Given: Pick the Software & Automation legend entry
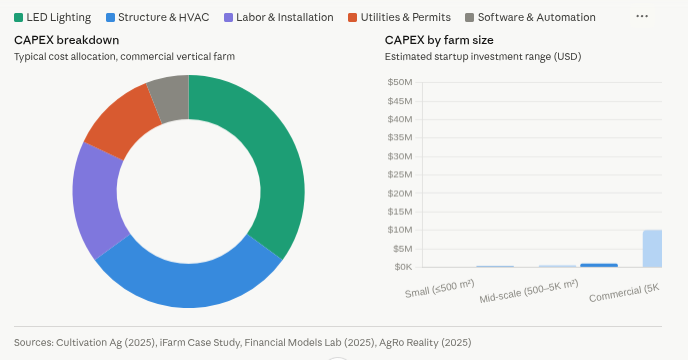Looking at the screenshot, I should tap(530, 17).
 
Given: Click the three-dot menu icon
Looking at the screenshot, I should tap(642, 17).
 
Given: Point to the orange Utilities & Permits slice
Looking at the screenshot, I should tap(120, 120).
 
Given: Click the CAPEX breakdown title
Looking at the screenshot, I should tap(66, 40).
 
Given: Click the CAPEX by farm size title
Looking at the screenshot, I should tap(439, 40).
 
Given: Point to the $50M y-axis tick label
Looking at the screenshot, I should tap(400, 82).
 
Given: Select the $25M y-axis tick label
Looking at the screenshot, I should tap(400, 174).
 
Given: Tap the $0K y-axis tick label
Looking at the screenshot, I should tap(402, 267).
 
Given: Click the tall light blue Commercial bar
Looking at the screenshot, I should tap(652, 248).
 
